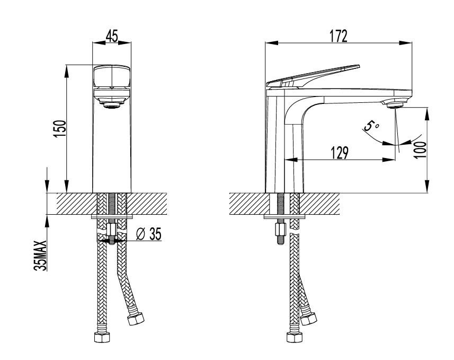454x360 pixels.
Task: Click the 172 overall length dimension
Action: click(338, 36)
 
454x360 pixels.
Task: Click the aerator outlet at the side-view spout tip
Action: click(395, 106)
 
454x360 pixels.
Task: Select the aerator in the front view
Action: click(111, 104)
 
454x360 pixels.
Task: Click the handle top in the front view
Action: click(111, 75)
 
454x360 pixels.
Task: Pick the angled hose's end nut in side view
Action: click(308, 319)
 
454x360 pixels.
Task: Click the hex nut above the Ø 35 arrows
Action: click(111, 230)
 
